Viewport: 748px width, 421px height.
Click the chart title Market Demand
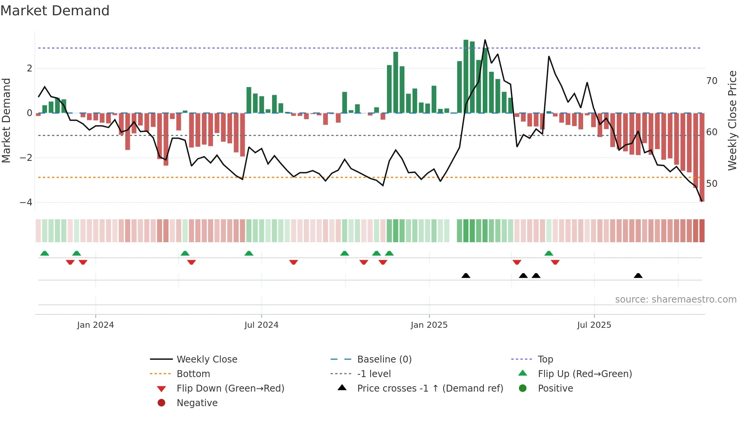[x=55, y=11]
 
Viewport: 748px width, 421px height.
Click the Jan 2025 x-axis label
[x=429, y=325]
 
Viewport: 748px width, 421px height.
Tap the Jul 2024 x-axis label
[x=261, y=325]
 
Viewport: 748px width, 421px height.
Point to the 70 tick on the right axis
[x=712, y=81]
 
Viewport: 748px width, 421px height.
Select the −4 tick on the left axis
[x=26, y=202]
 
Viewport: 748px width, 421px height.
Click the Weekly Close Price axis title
[x=732, y=120]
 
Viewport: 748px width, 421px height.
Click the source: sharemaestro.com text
[x=675, y=300]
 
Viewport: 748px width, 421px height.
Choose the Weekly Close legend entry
[x=206, y=359]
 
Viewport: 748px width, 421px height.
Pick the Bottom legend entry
[x=193, y=374]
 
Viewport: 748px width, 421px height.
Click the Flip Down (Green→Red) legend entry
[x=230, y=389]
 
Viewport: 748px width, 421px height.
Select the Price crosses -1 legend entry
[x=430, y=389]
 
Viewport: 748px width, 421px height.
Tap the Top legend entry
[x=545, y=359]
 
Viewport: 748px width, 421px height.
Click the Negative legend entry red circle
[x=161, y=403]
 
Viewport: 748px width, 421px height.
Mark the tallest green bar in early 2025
[x=466, y=76]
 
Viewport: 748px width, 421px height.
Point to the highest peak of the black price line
[x=485, y=40]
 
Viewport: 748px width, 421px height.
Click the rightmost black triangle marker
[x=638, y=276]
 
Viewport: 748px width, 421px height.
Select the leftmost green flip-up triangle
[x=45, y=253]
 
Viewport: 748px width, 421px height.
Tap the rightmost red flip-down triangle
[x=555, y=262]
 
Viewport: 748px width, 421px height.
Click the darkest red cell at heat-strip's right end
[x=702, y=231]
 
